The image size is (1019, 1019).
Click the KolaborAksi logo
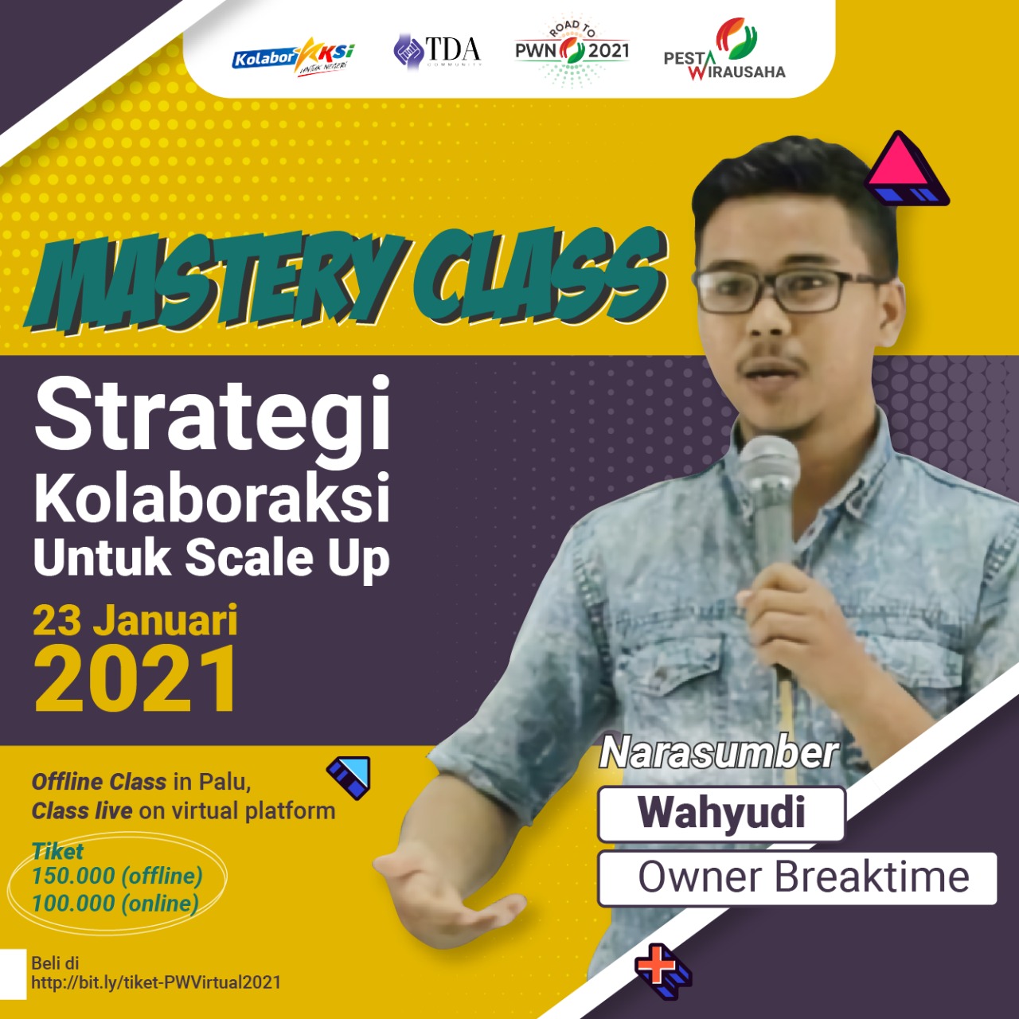pyautogui.click(x=292, y=57)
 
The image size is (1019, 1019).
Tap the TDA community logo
pyautogui.click(x=438, y=52)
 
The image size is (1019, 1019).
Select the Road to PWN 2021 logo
pyautogui.click(x=572, y=51)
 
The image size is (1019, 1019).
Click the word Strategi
pyautogui.click(x=213, y=415)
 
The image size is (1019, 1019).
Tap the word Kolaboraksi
pyautogui.click(x=212, y=498)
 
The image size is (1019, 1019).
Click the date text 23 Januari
pyautogui.click(x=135, y=621)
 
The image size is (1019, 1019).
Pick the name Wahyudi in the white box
pyautogui.click(x=720, y=814)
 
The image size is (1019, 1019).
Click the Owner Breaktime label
pyautogui.click(x=802, y=878)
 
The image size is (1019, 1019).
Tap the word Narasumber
pyautogui.click(x=718, y=753)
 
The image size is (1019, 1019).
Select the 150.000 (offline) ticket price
pyautogui.click(x=117, y=876)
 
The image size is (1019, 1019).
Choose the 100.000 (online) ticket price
pyautogui.click(x=115, y=904)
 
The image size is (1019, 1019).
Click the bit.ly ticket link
pyautogui.click(x=156, y=982)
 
